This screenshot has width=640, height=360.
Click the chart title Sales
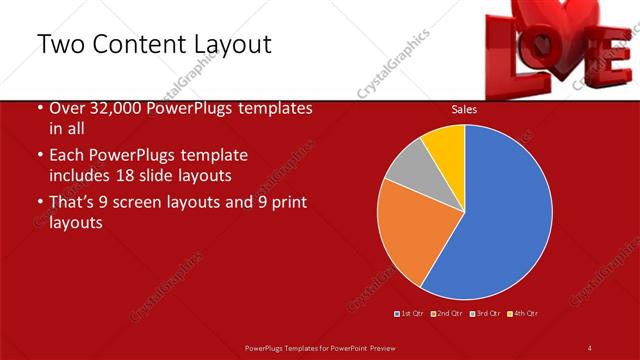pos(463,110)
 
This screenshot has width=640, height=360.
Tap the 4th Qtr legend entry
pos(523,314)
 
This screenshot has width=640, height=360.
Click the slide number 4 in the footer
pos(589,347)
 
